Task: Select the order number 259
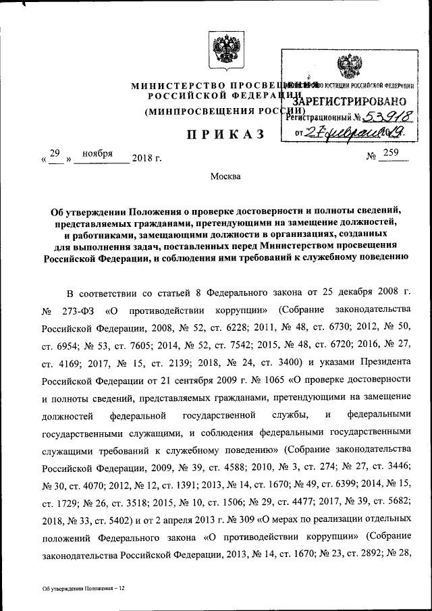pos(391,154)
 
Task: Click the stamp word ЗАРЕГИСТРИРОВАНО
pos(357,99)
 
